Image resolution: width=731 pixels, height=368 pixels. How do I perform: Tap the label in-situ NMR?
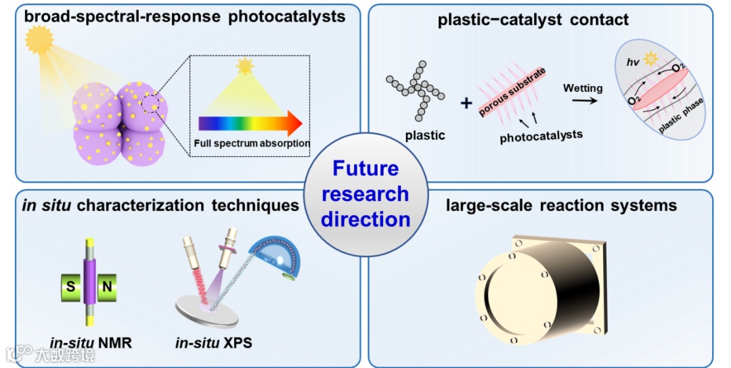coord(91,342)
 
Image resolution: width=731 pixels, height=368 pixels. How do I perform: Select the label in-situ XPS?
coord(213,342)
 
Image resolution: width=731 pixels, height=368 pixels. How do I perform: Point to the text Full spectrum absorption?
coord(251,143)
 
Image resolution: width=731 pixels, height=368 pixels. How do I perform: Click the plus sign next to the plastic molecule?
coord(466,103)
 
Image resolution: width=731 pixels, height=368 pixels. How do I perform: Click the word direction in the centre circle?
coord(365,219)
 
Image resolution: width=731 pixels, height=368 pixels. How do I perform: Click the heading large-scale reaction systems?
coord(561,205)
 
